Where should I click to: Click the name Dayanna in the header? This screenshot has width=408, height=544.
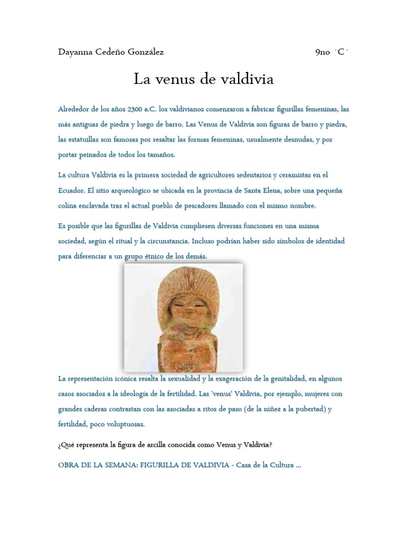click(76, 52)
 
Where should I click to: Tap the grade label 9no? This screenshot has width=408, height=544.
click(322, 52)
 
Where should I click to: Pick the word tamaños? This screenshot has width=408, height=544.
click(160, 155)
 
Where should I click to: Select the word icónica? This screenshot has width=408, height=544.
click(128, 379)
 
